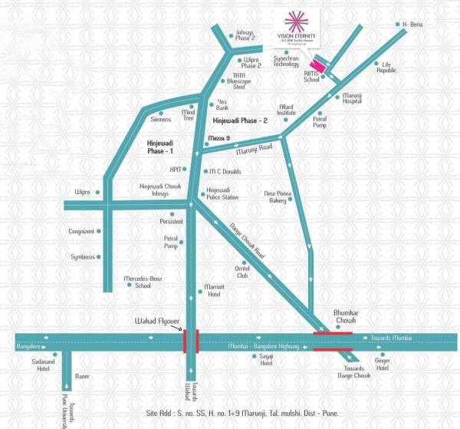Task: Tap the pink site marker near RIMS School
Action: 315,68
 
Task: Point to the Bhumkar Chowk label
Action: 347,318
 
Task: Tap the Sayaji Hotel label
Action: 266,360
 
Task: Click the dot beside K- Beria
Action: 396,24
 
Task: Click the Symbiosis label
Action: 82,256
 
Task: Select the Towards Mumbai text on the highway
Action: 392,337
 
